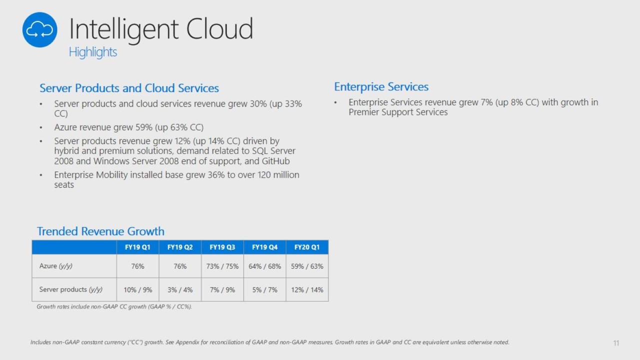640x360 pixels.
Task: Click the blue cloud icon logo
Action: coord(39,29)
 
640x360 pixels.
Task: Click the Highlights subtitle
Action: coord(93,52)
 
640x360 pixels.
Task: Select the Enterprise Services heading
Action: coord(381,86)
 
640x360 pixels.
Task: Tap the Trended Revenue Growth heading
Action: coord(100,231)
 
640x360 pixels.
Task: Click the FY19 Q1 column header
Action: coord(137,247)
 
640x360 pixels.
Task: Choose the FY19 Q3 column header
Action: coord(222,247)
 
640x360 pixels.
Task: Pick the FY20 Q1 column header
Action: coord(307,247)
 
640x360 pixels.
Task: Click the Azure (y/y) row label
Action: coord(55,266)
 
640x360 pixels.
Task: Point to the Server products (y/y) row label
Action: coord(71,289)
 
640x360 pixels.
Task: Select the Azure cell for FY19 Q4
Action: coord(264,266)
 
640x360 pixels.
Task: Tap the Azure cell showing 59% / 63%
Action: coord(307,266)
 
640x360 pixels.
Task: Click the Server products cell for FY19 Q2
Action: coord(180,289)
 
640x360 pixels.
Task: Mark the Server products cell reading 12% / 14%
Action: coord(307,289)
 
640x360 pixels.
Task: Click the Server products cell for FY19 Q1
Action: coord(137,289)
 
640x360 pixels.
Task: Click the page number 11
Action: coord(616,343)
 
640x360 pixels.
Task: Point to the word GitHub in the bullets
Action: coord(275,161)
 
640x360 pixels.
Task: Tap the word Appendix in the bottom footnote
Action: coord(187,342)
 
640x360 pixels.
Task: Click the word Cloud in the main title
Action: coord(219,28)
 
